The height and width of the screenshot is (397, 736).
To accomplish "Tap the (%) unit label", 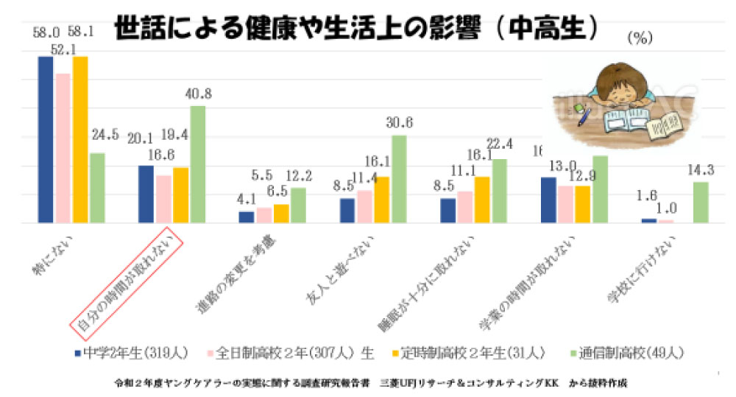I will (640, 39).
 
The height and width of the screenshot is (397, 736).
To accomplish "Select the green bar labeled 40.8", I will (197, 164).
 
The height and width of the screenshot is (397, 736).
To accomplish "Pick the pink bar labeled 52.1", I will (63, 147).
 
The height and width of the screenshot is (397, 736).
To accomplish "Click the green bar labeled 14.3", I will (700, 202).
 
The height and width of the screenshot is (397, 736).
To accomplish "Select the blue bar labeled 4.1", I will (247, 217).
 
